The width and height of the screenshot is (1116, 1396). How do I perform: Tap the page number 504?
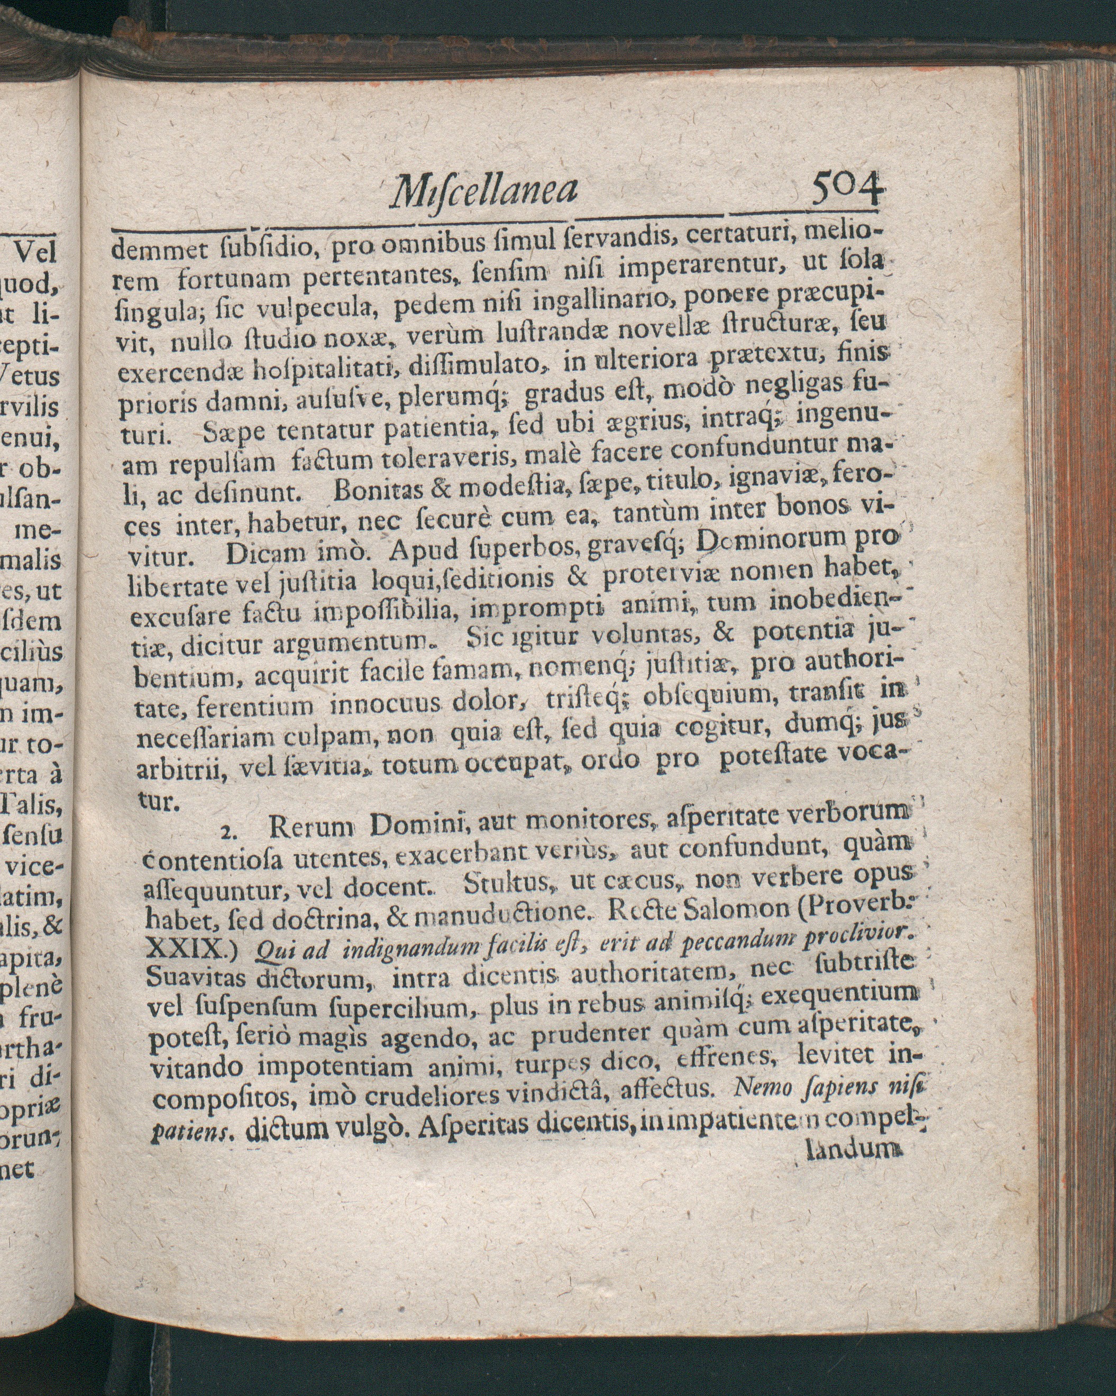[x=847, y=188]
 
